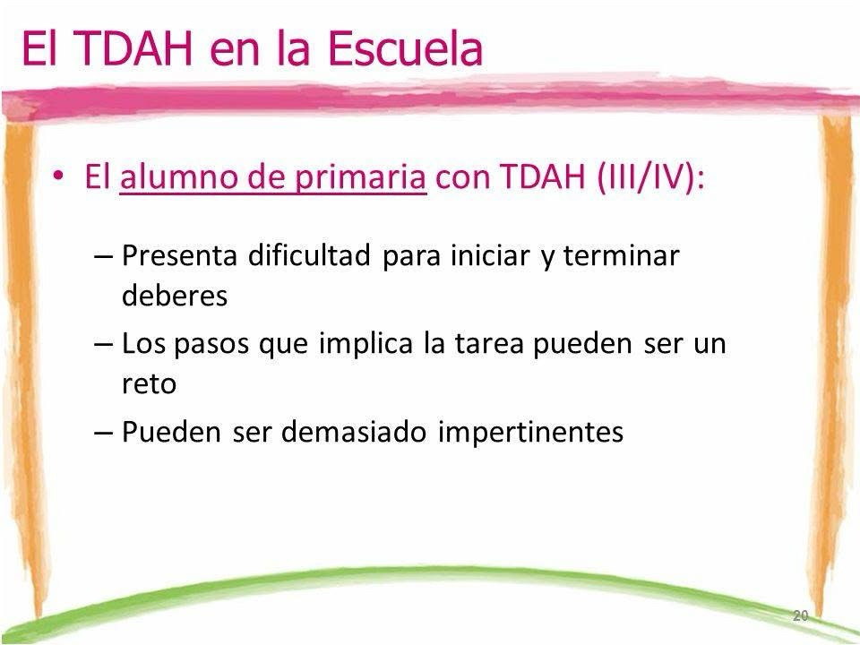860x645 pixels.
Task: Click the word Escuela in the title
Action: click(x=405, y=47)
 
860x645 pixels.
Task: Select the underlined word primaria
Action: click(x=360, y=177)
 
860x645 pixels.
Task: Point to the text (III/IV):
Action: click(x=650, y=177)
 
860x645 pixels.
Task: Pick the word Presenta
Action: click(x=179, y=255)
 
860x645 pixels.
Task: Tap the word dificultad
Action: click(x=309, y=254)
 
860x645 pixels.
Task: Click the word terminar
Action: click(x=622, y=255)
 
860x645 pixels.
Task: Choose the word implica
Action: click(x=365, y=344)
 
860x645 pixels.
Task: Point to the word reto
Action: click(x=150, y=383)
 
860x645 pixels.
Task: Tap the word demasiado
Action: click(x=354, y=431)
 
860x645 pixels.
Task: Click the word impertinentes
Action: click(x=530, y=432)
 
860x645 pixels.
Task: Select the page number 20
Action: click(x=800, y=615)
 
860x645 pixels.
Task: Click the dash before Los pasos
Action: click(x=103, y=344)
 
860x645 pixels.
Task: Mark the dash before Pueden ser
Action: click(x=103, y=432)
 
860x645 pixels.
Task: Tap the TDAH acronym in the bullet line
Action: click(x=544, y=177)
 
